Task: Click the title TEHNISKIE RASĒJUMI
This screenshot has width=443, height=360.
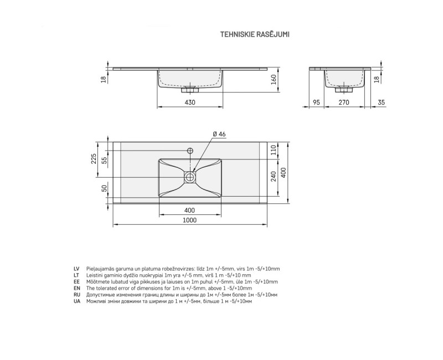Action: click(x=255, y=34)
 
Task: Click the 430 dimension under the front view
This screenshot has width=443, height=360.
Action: click(x=190, y=102)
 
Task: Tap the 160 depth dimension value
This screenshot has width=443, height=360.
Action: click(x=274, y=80)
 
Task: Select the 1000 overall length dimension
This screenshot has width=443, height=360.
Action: click(x=189, y=220)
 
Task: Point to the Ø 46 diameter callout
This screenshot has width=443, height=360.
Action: click(x=219, y=134)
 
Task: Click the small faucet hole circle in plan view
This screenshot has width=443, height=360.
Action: click(x=190, y=150)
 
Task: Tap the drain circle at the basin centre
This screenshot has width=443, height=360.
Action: click(x=189, y=177)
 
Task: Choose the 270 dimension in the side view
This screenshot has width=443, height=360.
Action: click(x=344, y=102)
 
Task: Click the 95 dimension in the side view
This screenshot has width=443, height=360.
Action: click(x=316, y=102)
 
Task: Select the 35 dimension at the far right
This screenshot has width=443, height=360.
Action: click(x=381, y=102)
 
